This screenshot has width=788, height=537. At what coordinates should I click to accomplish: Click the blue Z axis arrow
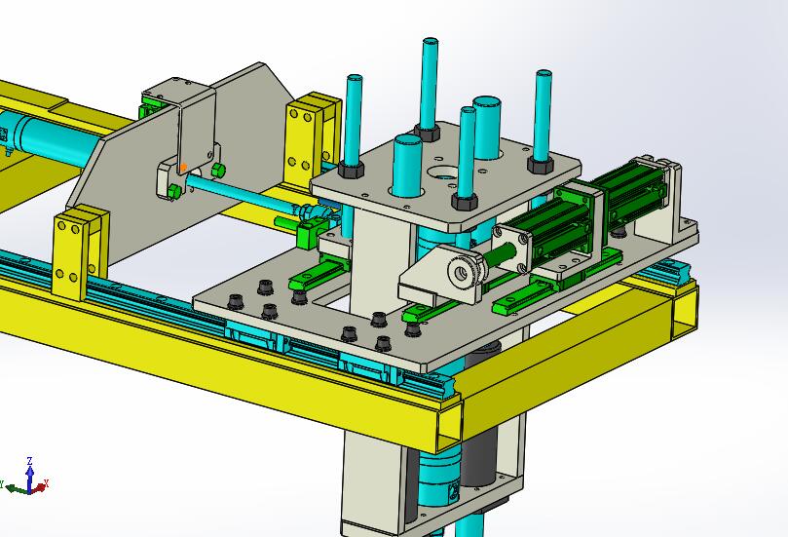[29, 478]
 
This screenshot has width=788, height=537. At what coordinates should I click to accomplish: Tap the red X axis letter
[46, 483]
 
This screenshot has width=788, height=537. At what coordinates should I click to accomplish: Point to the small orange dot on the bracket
[183, 167]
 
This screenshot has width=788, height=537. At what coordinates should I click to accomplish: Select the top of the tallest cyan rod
[431, 41]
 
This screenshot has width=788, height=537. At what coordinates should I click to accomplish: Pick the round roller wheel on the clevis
[465, 272]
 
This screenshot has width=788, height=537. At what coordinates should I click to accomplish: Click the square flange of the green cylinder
[511, 248]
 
